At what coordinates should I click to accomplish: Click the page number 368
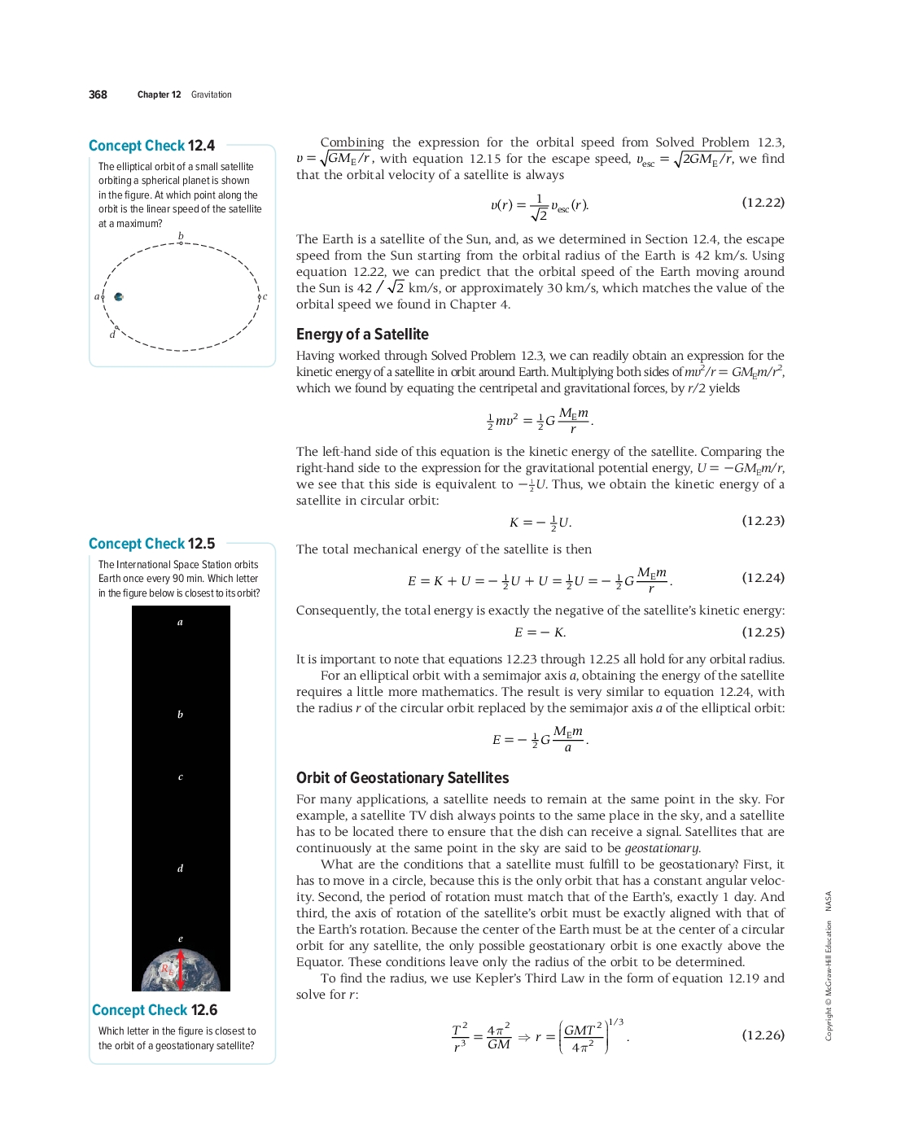point(98,94)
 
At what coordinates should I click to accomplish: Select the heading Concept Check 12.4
point(151,146)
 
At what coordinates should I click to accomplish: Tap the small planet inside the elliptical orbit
point(119,297)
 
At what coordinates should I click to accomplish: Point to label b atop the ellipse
point(181,236)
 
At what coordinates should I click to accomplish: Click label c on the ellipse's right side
point(265,296)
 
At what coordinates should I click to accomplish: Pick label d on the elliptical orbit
point(112,335)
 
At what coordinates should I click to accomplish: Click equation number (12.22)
point(763,203)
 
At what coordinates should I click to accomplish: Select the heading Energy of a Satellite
point(362,335)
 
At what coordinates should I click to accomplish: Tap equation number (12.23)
point(763,521)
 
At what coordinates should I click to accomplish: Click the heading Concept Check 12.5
point(151,544)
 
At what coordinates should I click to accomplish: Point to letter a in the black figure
point(181,623)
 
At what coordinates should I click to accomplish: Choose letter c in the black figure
point(181,777)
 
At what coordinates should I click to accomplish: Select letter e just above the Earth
point(181,939)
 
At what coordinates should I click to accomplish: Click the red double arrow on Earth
point(181,969)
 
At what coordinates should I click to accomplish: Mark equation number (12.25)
point(763,632)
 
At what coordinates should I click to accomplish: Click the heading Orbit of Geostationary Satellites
point(402,778)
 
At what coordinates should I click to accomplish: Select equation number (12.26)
point(763,1035)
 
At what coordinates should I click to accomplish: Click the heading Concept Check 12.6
point(155,1010)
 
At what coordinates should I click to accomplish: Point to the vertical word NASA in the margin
point(829,900)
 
